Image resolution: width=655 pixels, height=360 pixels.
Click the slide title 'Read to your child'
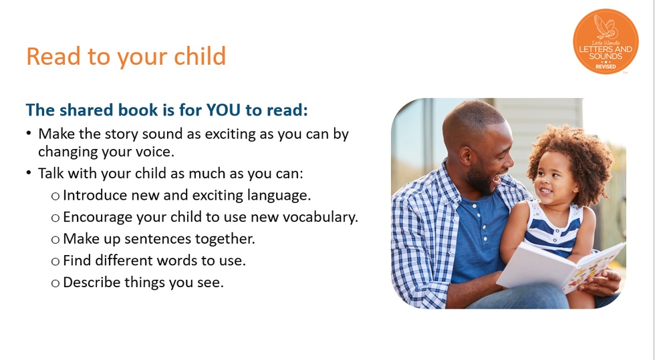[126, 56]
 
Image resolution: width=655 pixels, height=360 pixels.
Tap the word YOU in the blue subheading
[223, 110]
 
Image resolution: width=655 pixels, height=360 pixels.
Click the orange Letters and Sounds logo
[606, 41]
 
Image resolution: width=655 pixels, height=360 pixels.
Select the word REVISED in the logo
[606, 67]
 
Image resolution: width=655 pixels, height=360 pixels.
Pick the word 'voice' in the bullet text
[158, 151]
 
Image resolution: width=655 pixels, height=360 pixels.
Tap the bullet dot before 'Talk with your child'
[28, 172]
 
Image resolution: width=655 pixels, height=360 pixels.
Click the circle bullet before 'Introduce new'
[55, 196]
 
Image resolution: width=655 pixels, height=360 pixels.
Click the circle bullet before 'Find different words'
[55, 261]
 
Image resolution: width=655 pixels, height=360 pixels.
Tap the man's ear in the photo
[465, 155]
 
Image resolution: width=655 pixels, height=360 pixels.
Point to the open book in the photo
[560, 267]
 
